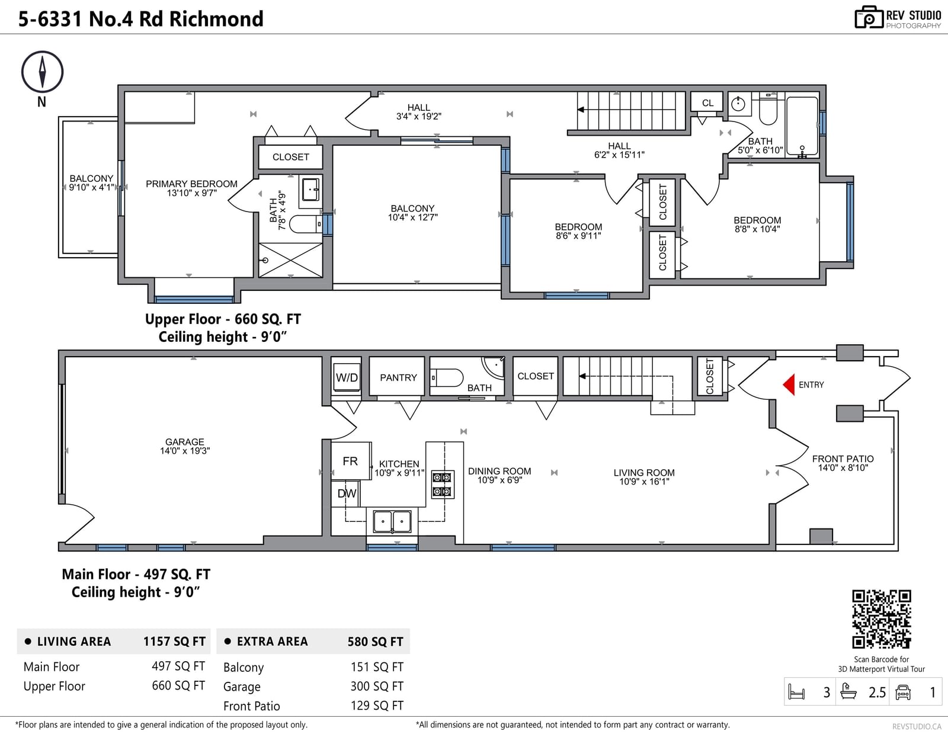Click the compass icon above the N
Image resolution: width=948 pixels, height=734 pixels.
42,72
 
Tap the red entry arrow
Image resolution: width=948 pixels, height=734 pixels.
789,384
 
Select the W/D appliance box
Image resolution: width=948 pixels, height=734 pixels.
347,377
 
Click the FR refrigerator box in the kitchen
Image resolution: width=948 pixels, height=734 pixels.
351,461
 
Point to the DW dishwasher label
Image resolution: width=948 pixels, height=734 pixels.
347,493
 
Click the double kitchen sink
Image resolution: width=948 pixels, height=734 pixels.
392,521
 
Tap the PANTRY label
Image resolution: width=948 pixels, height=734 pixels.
398,378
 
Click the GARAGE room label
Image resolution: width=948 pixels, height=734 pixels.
184,442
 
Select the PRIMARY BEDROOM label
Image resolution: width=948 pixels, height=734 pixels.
191,184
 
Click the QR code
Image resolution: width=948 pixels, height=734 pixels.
882,619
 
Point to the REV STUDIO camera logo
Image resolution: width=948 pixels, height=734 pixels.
869,17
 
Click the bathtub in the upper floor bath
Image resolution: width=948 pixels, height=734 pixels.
802,126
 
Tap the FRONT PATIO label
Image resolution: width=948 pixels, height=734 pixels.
843,459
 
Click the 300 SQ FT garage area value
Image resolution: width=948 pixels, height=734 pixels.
377,687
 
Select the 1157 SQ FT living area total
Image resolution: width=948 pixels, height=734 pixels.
175,642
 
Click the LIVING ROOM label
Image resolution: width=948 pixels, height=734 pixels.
644,473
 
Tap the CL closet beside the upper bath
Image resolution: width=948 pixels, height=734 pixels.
707,103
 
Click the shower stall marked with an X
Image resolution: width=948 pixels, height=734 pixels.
290,260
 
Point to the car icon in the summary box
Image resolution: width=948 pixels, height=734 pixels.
903,692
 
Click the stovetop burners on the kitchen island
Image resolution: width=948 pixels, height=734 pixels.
443,484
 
